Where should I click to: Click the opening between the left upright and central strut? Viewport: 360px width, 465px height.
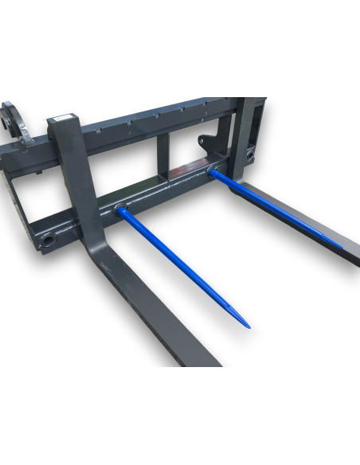[x=127, y=171]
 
